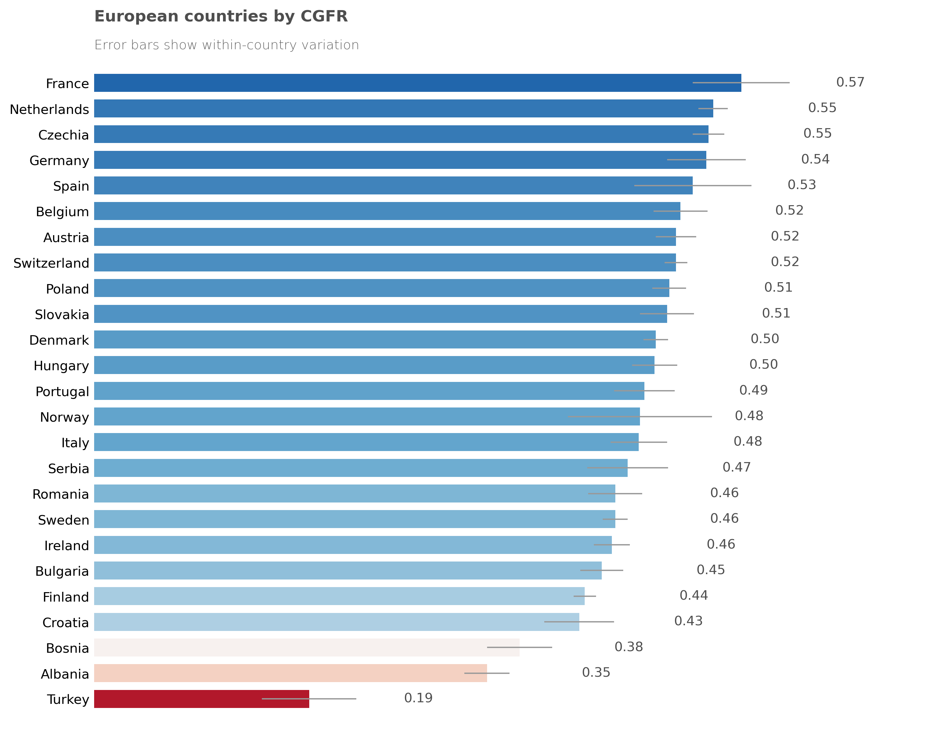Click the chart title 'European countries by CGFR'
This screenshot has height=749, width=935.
pyautogui.click(x=221, y=16)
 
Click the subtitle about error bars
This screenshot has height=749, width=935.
pyautogui.click(x=226, y=45)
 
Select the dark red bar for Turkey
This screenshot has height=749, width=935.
pyautogui.click(x=201, y=699)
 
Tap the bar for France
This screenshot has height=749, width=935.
pyautogui.click(x=417, y=83)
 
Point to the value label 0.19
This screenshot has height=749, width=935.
pyautogui.click(x=418, y=698)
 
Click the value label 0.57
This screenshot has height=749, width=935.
pyautogui.click(x=850, y=82)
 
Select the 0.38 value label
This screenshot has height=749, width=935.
pyautogui.click(x=628, y=647)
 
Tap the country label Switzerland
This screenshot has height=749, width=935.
pyautogui.click(x=51, y=263)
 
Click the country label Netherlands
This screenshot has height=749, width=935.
pyautogui.click(x=50, y=109)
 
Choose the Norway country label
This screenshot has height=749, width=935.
pyautogui.click(x=64, y=417)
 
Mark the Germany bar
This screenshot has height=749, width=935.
pyautogui.click(x=400, y=160)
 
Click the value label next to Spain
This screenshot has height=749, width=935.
pyautogui.click(x=801, y=185)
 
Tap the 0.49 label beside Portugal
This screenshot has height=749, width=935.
pyautogui.click(x=753, y=390)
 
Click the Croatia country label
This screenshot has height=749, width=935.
pyautogui.click(x=65, y=622)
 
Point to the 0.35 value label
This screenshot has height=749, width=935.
pyautogui.click(x=596, y=672)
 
